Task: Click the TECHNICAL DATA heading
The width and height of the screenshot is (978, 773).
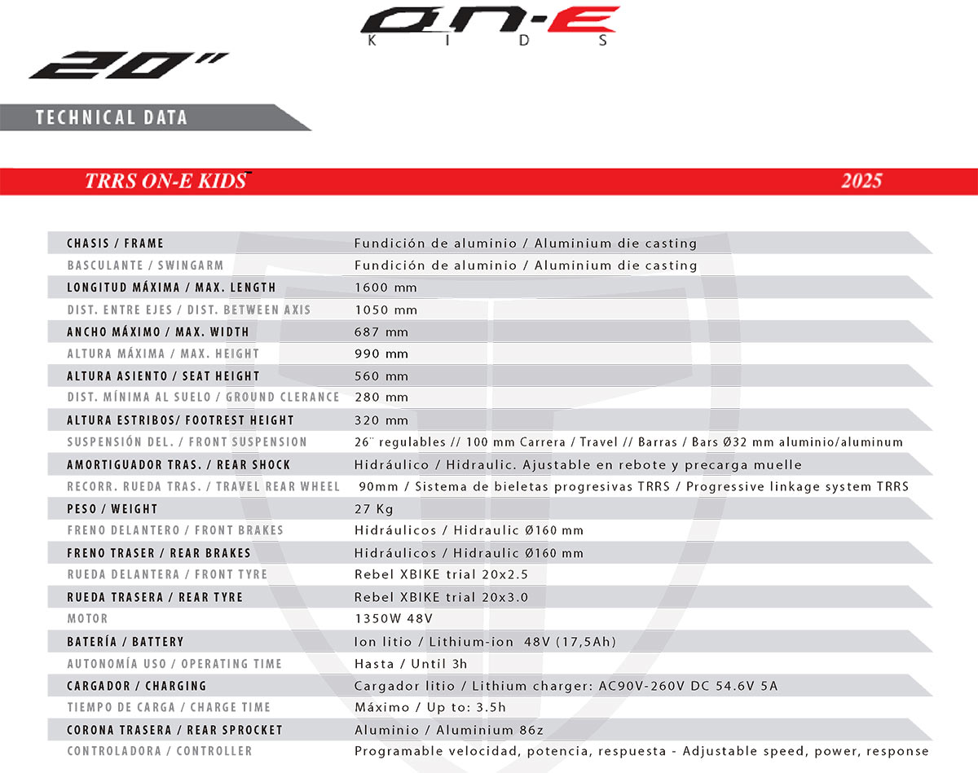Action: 112,117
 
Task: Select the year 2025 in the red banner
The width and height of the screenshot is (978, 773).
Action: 861,181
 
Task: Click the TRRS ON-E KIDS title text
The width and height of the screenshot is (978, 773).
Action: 165,181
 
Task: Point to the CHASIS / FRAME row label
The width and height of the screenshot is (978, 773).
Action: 116,244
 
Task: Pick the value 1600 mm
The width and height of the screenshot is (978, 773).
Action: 385,288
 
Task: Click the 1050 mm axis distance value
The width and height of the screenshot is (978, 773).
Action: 385,310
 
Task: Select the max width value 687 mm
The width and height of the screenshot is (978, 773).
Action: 381,332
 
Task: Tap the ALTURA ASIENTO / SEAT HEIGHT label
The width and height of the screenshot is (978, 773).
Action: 163,376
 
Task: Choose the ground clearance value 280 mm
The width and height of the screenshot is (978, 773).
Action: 381,397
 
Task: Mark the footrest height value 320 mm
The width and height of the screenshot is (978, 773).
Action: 381,420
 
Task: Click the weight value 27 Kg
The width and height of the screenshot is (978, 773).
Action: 374,509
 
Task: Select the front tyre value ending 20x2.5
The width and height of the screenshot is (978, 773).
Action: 441,574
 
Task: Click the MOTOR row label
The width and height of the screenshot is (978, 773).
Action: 87,619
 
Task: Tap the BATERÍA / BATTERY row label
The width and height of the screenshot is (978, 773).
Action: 126,642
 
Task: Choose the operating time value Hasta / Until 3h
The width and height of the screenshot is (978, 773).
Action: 411,664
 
